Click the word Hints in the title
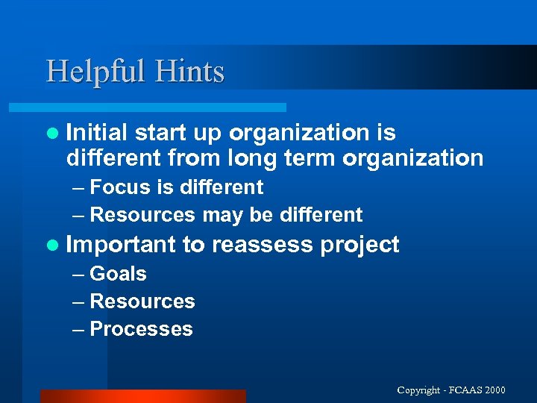(x=189, y=72)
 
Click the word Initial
(x=97, y=133)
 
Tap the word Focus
(x=119, y=187)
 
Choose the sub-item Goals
(x=118, y=274)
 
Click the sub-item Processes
(x=141, y=329)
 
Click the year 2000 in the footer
(x=494, y=390)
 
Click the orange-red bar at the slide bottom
(x=142, y=396)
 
